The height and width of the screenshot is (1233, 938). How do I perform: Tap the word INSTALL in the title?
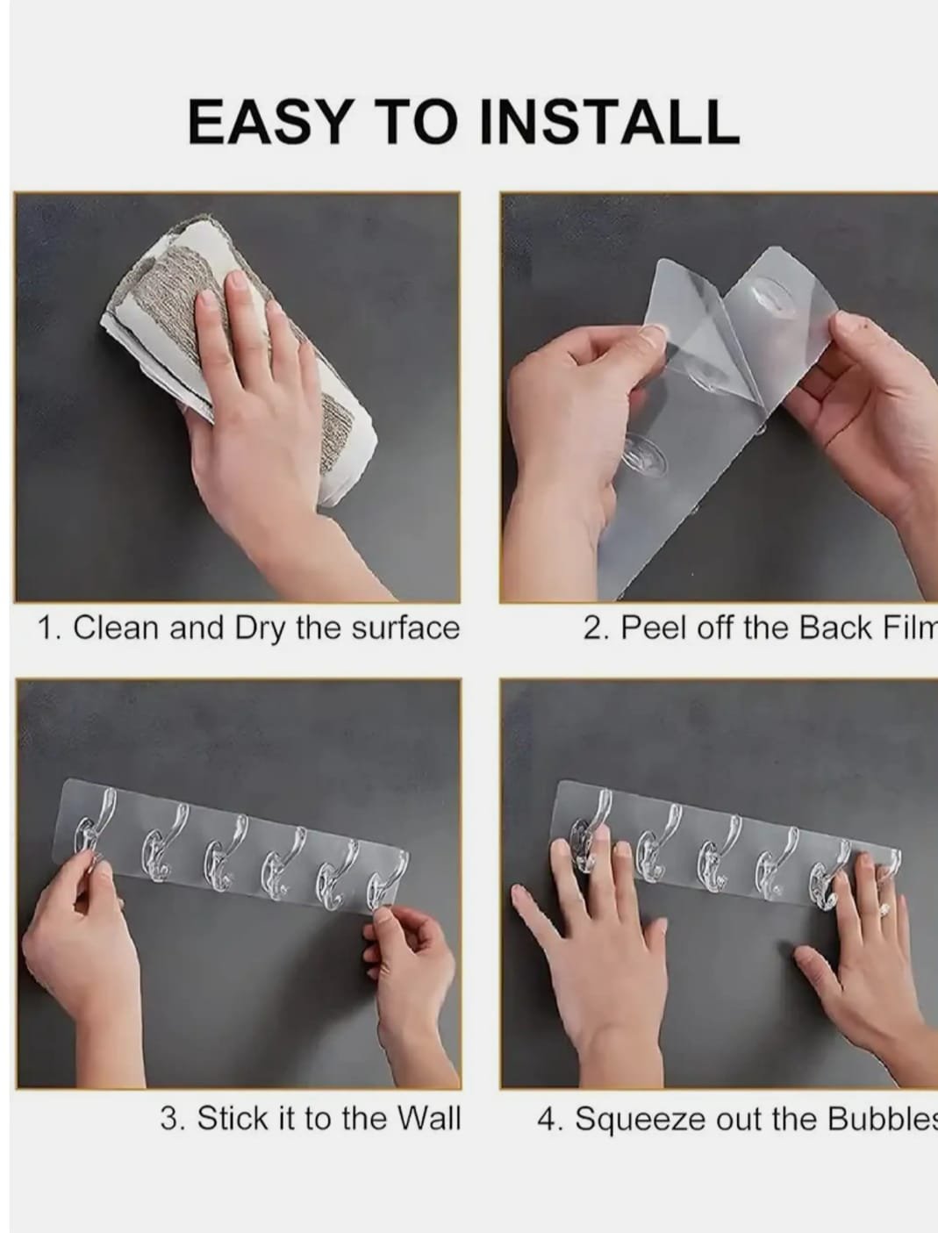pyautogui.click(x=610, y=121)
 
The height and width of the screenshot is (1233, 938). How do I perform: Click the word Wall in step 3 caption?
pyautogui.click(x=428, y=1118)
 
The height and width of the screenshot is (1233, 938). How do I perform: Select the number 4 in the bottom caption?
pyautogui.click(x=546, y=1119)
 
